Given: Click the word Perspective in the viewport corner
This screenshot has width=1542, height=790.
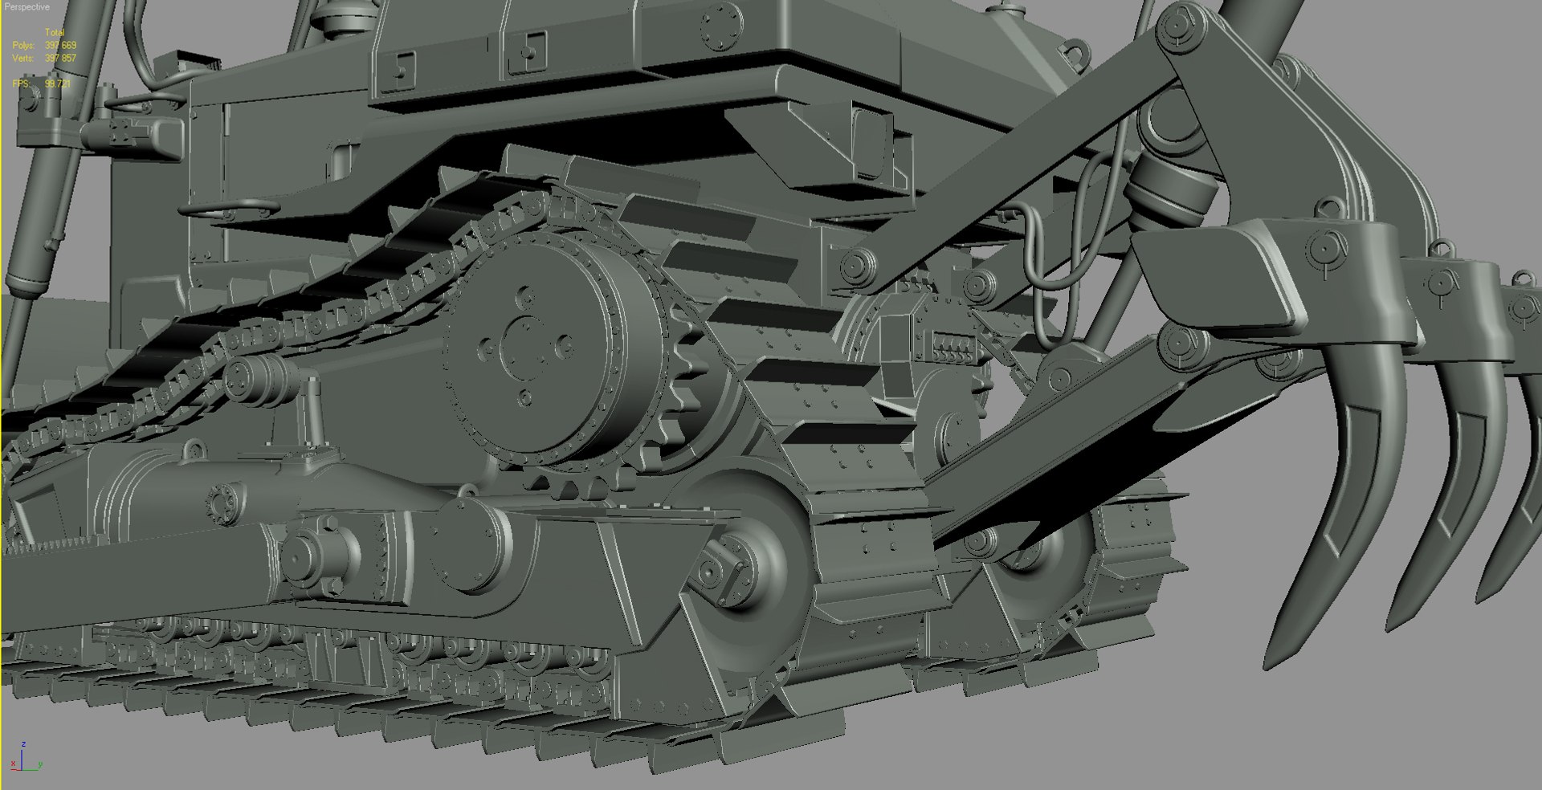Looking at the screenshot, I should pos(27,6).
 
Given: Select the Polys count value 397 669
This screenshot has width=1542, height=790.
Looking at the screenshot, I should pos(60,46).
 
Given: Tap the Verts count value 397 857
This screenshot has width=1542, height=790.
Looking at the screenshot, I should pos(60,58).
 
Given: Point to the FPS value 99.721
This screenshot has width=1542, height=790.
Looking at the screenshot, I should pos(58,83).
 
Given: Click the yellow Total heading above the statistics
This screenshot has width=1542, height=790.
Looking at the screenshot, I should pos(54,33).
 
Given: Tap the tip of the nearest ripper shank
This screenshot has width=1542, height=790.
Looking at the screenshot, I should pos(1272,663).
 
